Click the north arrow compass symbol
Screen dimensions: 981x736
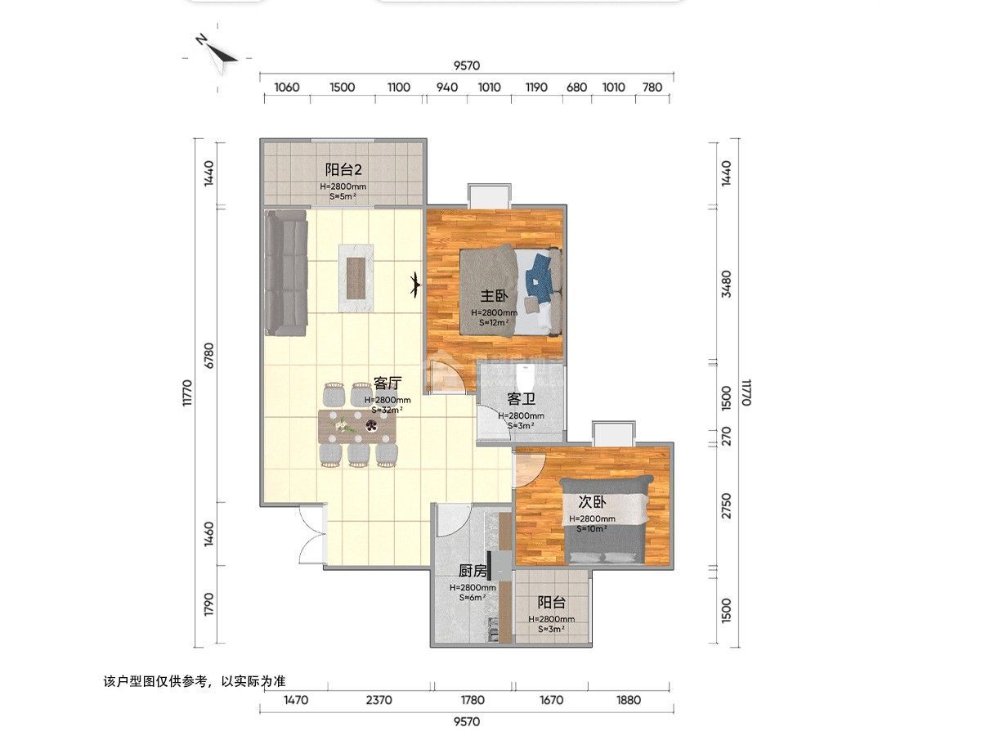click(218, 56)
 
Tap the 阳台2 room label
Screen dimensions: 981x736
click(343, 170)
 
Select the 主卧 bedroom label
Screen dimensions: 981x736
click(494, 296)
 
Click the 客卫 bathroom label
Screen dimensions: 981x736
click(521, 398)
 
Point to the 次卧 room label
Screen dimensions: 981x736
click(592, 502)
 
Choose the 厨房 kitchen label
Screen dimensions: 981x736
click(473, 571)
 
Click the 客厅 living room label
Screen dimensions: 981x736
click(387, 383)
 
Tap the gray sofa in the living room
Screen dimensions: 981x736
click(286, 272)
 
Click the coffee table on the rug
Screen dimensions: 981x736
click(356, 278)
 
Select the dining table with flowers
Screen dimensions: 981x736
click(357, 427)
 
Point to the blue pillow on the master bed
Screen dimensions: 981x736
click(540, 277)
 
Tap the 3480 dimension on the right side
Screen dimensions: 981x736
click(727, 284)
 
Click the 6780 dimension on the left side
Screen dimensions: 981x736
click(208, 356)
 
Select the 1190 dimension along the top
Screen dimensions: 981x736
click(536, 88)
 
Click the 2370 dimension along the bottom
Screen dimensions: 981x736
click(379, 700)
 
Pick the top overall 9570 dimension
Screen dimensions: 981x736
click(467, 65)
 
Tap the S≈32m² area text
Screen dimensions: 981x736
click(387, 411)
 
